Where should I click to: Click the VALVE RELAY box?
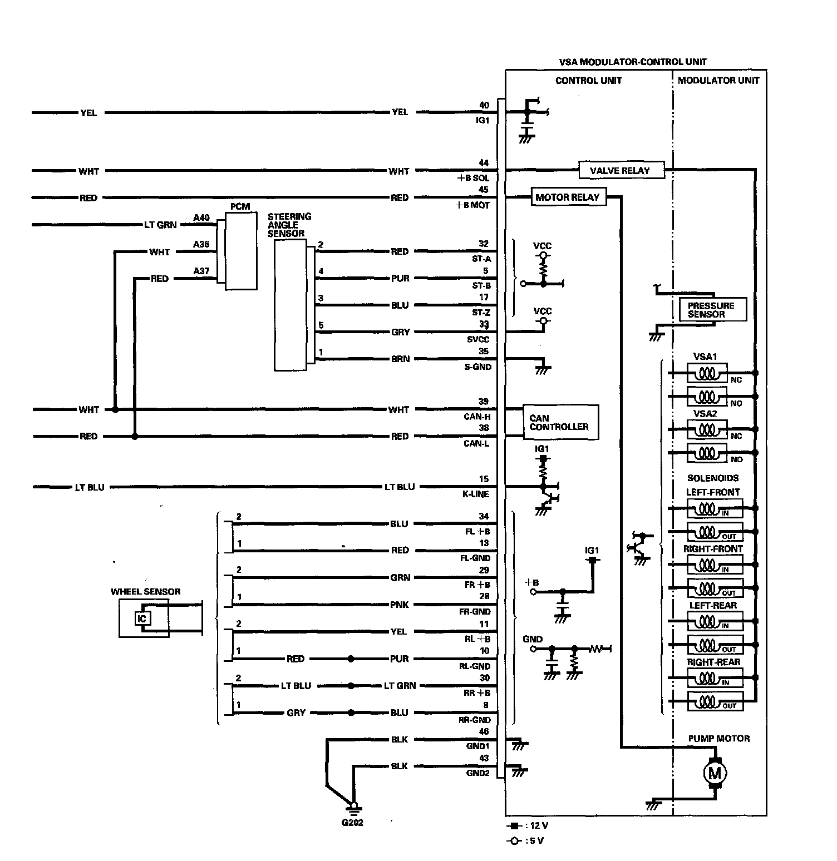621,170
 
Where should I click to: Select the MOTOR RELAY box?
567,197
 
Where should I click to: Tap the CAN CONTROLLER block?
560,423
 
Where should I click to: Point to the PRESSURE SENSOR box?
712,310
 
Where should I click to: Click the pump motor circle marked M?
715,773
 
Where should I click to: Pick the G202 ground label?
352,823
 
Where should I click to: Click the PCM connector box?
241,250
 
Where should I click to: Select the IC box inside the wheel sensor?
142,618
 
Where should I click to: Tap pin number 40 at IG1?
484,105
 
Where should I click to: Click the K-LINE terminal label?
476,494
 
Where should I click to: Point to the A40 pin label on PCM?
201,217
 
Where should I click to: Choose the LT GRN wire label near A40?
160,225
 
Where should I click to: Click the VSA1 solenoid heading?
705,357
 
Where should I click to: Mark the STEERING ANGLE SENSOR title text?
289,225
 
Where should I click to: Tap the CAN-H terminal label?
477,417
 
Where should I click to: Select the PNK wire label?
400,605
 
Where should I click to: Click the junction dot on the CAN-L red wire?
135,437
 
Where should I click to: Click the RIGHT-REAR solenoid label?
713,662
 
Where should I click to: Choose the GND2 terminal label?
478,773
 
